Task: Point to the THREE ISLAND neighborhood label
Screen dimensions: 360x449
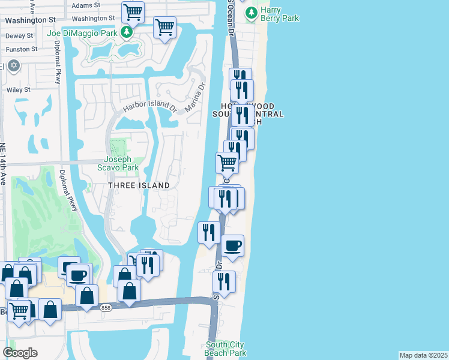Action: point(139,186)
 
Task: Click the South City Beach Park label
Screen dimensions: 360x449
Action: point(226,349)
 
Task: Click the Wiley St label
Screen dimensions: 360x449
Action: point(18,90)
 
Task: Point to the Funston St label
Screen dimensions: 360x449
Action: point(22,49)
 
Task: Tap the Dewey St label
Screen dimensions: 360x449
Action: point(15,36)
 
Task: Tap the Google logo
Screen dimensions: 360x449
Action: point(20,353)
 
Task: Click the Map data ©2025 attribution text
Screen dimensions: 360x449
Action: point(423,355)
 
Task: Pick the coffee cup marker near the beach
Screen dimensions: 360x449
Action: point(232,245)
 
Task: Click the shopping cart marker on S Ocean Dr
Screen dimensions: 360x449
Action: point(227,161)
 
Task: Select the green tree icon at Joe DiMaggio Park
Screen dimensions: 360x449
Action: point(126,31)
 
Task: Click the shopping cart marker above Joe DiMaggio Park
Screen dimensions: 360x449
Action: point(133,11)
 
